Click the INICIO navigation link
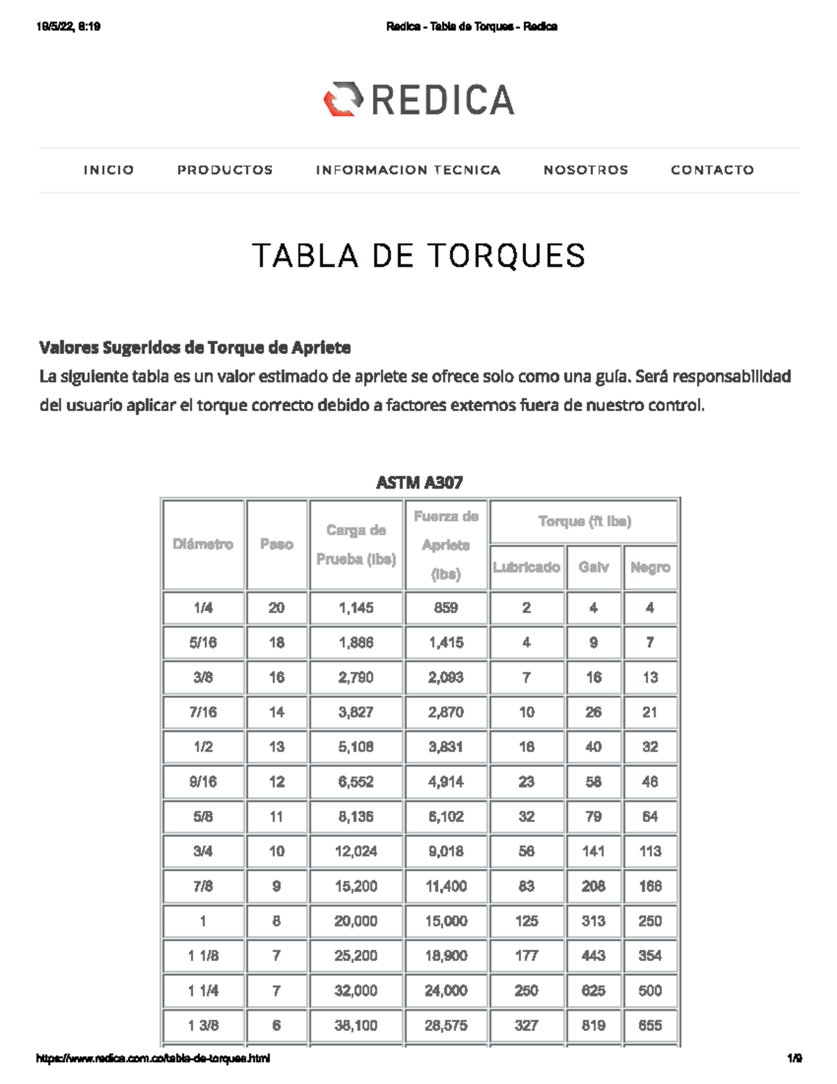click(x=109, y=170)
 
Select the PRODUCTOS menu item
click(x=225, y=170)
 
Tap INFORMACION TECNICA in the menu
click(x=408, y=170)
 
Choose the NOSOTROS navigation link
click(x=586, y=170)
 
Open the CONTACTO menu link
click(x=712, y=170)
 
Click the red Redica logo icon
click(x=343, y=99)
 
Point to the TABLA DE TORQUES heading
click(x=418, y=255)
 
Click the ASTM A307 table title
click(x=419, y=482)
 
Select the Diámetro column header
click(x=203, y=544)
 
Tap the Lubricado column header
click(x=527, y=567)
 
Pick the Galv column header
click(x=594, y=567)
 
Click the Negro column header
click(x=650, y=567)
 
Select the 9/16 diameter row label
click(x=203, y=782)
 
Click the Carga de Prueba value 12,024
click(x=356, y=852)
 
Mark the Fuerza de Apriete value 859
click(x=446, y=608)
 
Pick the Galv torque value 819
click(x=594, y=1025)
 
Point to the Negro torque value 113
click(x=650, y=852)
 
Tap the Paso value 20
click(x=277, y=608)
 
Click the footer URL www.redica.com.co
click(x=153, y=1058)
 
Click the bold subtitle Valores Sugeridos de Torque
click(x=195, y=348)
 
